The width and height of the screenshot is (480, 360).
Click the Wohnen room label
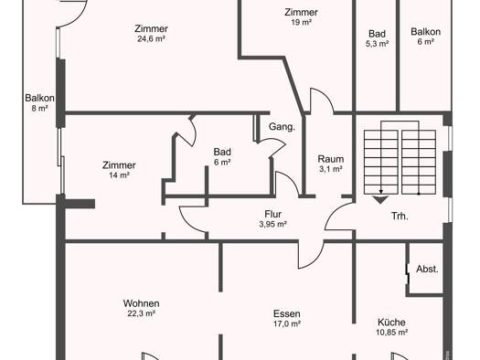(142, 303)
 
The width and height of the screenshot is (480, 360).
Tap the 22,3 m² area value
(142, 313)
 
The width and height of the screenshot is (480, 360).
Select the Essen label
(287, 313)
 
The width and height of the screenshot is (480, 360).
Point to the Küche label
(391, 322)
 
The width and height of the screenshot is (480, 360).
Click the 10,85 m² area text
(391, 333)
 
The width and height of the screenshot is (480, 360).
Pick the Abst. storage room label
(427, 270)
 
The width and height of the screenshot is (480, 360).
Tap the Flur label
(273, 214)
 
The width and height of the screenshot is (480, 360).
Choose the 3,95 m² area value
(273, 224)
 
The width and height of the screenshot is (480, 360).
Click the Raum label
(331, 159)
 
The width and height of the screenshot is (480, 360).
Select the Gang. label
(282, 127)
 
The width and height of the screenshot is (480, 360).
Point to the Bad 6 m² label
(222, 156)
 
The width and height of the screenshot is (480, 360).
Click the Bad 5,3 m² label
(377, 38)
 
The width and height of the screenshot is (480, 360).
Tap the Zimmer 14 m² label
(119, 170)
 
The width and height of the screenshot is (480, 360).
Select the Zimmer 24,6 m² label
(152, 33)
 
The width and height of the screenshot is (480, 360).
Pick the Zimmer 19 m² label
(302, 16)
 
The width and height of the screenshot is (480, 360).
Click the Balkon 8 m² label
(40, 102)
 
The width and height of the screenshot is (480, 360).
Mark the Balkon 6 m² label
(426, 37)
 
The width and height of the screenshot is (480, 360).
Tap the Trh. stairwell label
(400, 217)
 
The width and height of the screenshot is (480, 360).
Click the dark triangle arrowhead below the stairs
(380, 200)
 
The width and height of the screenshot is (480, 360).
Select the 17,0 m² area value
(287, 323)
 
